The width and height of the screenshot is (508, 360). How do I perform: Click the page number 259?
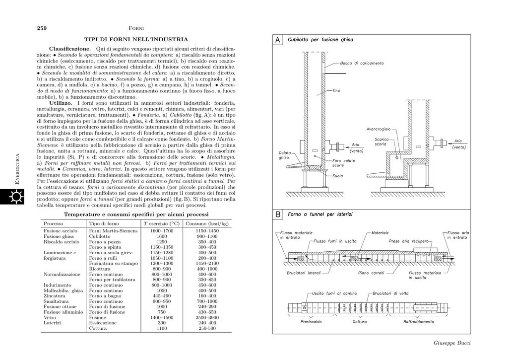(x=42, y=28)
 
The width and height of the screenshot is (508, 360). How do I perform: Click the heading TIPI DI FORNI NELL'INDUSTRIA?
(x=136, y=39)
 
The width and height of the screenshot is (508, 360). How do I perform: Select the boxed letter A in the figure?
(x=278, y=40)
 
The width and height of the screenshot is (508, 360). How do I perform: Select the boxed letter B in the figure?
(x=278, y=215)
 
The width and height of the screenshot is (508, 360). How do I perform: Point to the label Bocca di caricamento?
(x=362, y=63)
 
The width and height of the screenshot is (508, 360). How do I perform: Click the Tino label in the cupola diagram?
(x=336, y=91)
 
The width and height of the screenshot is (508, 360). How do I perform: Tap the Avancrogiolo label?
(x=379, y=129)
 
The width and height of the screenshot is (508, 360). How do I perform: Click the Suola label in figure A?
(x=338, y=175)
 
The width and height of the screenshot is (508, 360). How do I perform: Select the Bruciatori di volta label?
(x=391, y=293)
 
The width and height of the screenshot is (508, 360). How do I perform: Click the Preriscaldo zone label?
(x=311, y=321)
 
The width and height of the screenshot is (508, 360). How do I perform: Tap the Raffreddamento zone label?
(x=418, y=321)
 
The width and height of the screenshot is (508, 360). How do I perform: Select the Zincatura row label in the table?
(x=55, y=295)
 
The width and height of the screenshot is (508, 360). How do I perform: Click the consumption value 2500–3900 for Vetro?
(x=207, y=317)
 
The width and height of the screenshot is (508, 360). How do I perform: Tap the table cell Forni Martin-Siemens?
(x=113, y=231)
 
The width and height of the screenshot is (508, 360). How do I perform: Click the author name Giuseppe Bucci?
(x=451, y=343)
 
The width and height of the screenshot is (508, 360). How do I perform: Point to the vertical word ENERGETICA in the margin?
(x=17, y=169)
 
